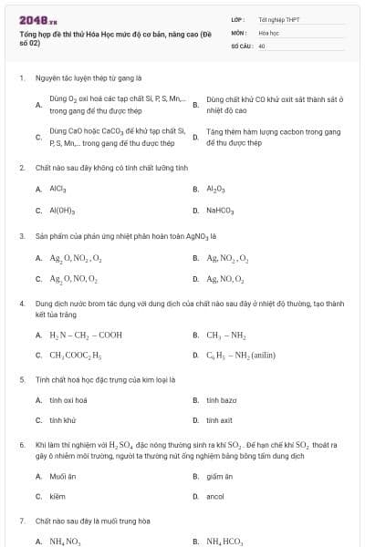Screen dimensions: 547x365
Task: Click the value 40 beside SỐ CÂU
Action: click(x=262, y=45)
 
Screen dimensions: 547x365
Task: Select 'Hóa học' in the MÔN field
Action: click(x=268, y=32)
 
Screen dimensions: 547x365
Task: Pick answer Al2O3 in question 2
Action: click(x=216, y=189)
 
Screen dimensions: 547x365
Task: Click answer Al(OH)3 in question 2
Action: click(x=63, y=211)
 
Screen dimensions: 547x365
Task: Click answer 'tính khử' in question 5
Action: click(x=63, y=420)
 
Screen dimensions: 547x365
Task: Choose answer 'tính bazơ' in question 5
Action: click(x=222, y=399)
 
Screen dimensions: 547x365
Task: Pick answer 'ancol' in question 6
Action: click(x=215, y=497)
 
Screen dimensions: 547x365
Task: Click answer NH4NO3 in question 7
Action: click(x=67, y=541)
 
